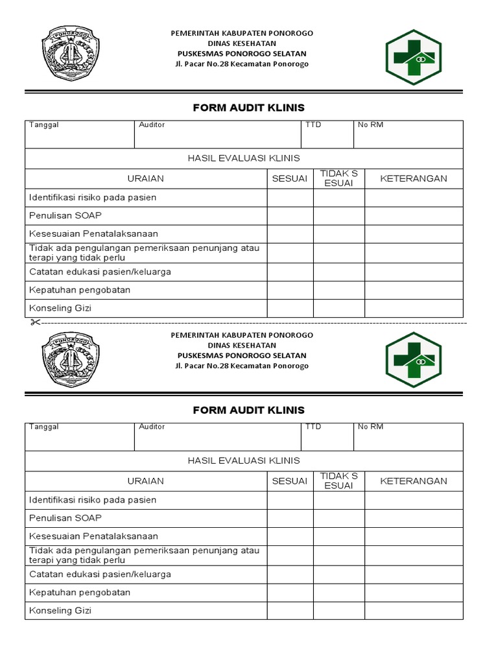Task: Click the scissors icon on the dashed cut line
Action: click(34, 322)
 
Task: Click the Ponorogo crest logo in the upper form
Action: click(71, 54)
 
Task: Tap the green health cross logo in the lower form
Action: click(413, 355)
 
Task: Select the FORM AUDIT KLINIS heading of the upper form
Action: click(248, 108)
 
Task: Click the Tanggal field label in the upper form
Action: click(43, 124)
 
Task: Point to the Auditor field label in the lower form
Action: click(152, 427)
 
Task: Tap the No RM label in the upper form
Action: click(370, 124)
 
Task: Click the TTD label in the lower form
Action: click(313, 427)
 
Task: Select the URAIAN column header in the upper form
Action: click(146, 178)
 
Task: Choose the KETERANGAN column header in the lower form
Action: click(413, 481)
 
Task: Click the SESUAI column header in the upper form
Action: click(290, 178)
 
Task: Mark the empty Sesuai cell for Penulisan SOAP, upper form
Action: click(290, 216)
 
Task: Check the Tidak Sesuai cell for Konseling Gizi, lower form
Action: click(338, 610)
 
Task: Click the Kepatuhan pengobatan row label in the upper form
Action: click(80, 290)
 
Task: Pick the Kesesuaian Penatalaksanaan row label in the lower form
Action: click(93, 536)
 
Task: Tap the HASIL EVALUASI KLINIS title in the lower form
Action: click(244, 460)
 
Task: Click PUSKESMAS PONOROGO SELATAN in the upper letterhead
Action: click(242, 54)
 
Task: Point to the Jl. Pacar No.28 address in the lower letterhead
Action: click(242, 366)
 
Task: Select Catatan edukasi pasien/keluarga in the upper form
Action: click(100, 272)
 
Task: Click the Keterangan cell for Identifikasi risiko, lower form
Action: click(413, 500)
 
